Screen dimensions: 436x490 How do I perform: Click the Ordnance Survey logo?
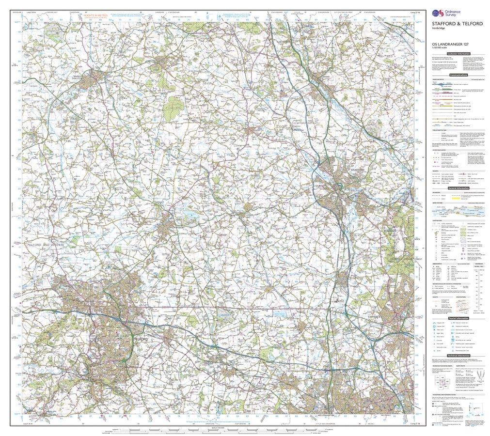[443, 14]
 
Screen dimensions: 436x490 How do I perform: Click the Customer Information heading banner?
[458, 53]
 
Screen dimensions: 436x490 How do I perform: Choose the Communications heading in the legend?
[458, 75]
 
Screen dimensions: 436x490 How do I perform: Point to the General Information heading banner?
[458, 188]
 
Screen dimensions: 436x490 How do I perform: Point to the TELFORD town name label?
[140, 340]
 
